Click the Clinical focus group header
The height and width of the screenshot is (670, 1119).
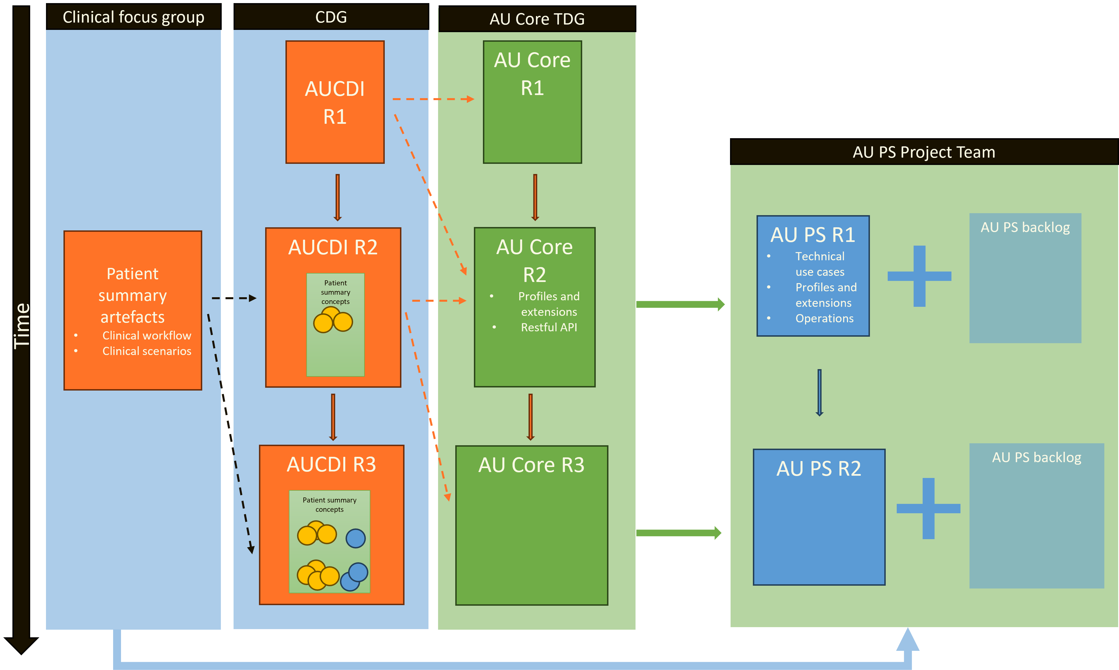click(x=133, y=17)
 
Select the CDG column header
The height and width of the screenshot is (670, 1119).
click(x=331, y=17)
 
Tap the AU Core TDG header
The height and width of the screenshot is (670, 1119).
click(x=537, y=19)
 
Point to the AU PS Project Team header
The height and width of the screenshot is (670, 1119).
click(x=924, y=152)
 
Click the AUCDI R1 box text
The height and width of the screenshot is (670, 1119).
click(x=335, y=102)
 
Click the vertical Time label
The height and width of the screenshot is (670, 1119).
click(x=22, y=325)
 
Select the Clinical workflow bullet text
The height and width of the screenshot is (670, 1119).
click(x=146, y=336)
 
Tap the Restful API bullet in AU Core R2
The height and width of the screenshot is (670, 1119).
click(x=549, y=327)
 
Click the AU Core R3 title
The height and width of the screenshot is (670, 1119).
click(x=531, y=465)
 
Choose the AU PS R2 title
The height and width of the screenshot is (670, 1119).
click(x=818, y=469)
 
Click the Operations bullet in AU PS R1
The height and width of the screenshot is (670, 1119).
click(x=824, y=318)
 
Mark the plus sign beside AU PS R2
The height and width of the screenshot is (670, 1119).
click(x=928, y=508)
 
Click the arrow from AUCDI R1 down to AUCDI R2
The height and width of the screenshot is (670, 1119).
click(x=337, y=197)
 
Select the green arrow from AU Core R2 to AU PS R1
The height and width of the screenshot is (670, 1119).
click(x=680, y=304)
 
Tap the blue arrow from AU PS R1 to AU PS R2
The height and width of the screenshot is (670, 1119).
click(x=819, y=392)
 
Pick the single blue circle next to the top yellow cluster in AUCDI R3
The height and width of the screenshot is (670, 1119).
click(x=355, y=538)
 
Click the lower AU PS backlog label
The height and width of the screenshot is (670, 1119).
click(x=1036, y=457)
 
